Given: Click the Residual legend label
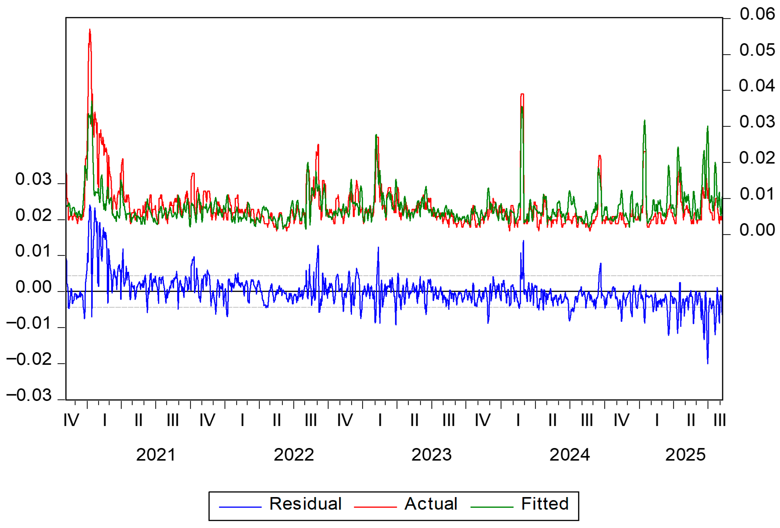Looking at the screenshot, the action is pyautogui.click(x=305, y=504).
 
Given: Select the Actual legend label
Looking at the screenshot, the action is pyautogui.click(x=431, y=504).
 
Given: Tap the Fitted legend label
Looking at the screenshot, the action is pyautogui.click(x=545, y=504).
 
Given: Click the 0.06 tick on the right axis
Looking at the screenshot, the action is pyautogui.click(x=757, y=14).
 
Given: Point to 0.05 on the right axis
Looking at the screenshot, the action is pyautogui.click(x=757, y=50).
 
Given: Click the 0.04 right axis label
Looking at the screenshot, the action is pyautogui.click(x=757, y=86).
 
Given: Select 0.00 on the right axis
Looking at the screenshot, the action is pyautogui.click(x=757, y=230).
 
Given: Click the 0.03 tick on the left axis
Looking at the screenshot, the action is pyautogui.click(x=34, y=179).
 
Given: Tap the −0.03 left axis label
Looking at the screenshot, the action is pyautogui.click(x=29, y=395).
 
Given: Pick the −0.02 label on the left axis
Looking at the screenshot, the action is pyautogui.click(x=29, y=359).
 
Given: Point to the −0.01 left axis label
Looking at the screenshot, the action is pyautogui.click(x=29, y=323).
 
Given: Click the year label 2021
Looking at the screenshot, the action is pyautogui.click(x=156, y=455).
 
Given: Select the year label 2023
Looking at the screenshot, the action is pyautogui.click(x=432, y=455).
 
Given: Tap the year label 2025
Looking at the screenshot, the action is pyautogui.click(x=685, y=455).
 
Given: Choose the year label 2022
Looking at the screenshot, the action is pyautogui.click(x=294, y=455).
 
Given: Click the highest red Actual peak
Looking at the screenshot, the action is pyautogui.click(x=90, y=29).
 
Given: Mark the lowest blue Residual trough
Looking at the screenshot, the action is pyautogui.click(x=708, y=364).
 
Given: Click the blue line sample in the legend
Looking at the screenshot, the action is pyautogui.click(x=240, y=507).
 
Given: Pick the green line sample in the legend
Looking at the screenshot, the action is pyautogui.click(x=492, y=507).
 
